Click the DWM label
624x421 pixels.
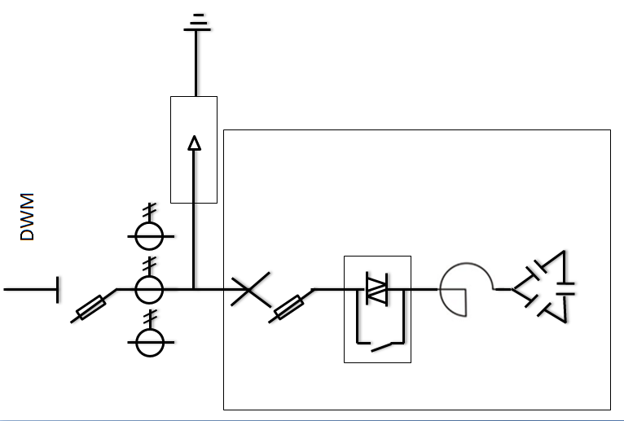click(27, 217)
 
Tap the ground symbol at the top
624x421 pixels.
click(196, 22)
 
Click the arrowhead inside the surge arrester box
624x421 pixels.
click(194, 143)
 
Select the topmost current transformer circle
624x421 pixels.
click(149, 236)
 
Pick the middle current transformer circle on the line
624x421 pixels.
click(149, 288)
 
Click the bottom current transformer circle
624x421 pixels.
click(149, 342)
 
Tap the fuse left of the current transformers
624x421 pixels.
click(90, 308)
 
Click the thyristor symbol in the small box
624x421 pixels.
click(376, 289)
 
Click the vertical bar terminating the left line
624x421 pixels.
click(58, 289)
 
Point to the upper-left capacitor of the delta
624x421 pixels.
click(538, 268)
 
